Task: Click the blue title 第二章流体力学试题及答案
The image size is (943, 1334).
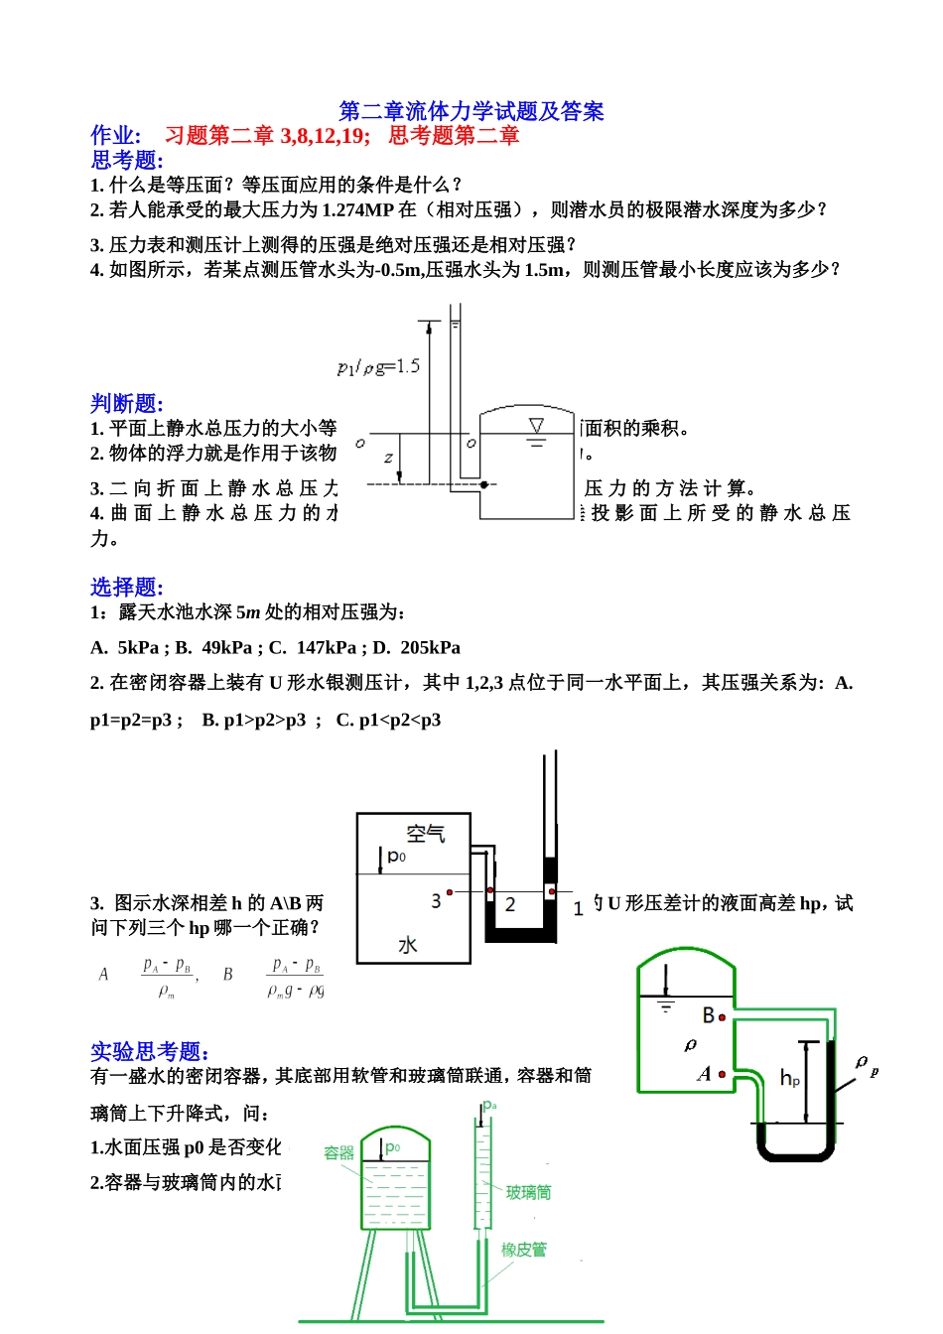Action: tap(471, 111)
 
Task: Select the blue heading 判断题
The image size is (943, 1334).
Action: tap(126, 403)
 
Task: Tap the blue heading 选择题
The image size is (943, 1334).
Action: tap(126, 587)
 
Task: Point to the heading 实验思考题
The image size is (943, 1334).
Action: tap(149, 1051)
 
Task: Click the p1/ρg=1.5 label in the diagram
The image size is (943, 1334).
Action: tap(378, 367)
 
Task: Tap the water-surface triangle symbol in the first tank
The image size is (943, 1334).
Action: tap(536, 426)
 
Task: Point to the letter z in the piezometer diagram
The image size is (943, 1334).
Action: tap(388, 458)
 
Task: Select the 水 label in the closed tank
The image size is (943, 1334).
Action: tap(407, 945)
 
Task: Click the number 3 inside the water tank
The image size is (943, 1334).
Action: tap(436, 900)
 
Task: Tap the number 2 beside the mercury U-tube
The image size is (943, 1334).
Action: tap(510, 904)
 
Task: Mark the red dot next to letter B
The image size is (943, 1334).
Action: tap(722, 1017)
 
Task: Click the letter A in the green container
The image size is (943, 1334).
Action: tap(705, 1073)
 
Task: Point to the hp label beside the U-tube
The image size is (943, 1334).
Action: tap(789, 1078)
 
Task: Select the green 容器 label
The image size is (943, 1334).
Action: tap(338, 1152)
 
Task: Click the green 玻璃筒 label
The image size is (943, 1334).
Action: tap(528, 1192)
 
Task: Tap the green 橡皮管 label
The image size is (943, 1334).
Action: tap(523, 1250)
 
